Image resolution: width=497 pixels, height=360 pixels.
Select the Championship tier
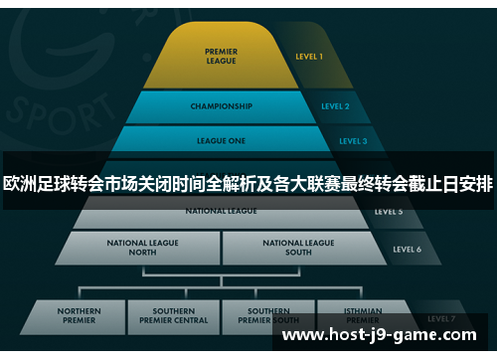220,106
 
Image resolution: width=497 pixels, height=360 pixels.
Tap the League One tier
220,140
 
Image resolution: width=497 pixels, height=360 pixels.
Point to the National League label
221,211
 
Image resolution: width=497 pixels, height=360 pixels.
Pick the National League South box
298,247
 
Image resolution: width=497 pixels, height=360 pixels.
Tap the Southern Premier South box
269,317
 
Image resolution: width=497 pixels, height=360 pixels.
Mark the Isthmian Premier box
362,317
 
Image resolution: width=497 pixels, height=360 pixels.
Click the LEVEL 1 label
309,57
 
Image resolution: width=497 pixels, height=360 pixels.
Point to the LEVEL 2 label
335,106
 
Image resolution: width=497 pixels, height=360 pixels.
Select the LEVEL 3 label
352,141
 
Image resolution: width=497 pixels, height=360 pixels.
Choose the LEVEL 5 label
389,212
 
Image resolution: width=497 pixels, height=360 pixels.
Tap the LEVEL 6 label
407,249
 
